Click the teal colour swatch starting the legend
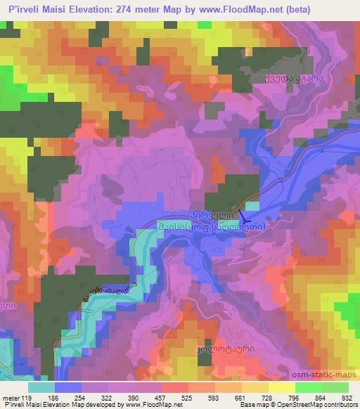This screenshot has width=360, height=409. click(41, 387)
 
